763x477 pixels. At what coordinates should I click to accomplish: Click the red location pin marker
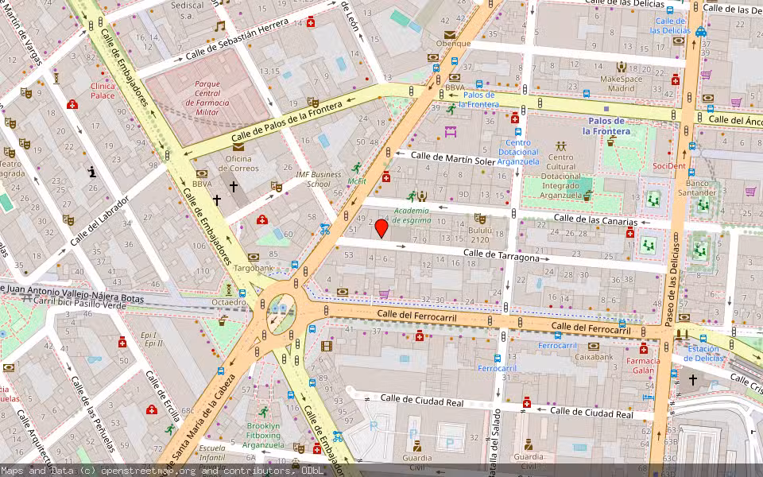381,228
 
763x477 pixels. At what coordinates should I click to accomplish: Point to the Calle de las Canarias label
595,219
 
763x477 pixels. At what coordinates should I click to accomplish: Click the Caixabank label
594,357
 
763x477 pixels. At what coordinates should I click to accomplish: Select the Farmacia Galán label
645,365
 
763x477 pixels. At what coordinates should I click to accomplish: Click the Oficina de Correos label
238,162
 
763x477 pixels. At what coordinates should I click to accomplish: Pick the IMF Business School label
319,179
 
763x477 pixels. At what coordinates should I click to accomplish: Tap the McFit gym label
357,180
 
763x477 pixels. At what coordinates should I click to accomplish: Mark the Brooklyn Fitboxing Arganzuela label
263,435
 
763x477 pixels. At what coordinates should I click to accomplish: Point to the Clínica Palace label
103,91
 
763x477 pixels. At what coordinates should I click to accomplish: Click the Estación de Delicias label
703,353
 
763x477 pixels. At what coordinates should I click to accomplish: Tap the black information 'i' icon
93,172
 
